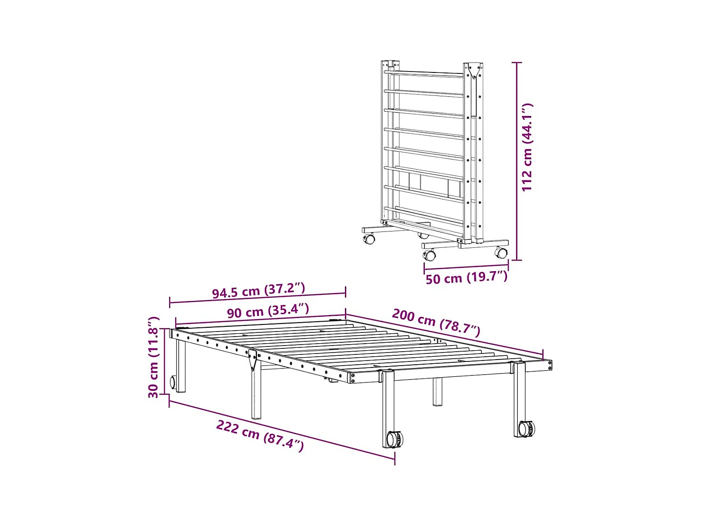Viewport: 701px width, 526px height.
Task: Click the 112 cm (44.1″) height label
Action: point(527,147)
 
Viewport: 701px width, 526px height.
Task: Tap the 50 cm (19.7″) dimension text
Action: point(466,278)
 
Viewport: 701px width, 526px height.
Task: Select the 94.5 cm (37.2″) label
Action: point(258,290)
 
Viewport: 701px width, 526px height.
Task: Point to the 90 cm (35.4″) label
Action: point(268,311)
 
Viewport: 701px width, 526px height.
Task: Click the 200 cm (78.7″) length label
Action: point(436,322)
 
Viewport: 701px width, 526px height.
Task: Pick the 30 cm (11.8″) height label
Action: point(154,357)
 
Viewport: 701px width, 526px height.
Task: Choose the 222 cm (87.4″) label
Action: point(260,435)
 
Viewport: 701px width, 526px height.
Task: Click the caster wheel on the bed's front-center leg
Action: point(394,439)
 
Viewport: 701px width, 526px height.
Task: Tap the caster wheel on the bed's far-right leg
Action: point(527,428)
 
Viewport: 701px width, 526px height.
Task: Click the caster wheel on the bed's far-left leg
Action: point(173,382)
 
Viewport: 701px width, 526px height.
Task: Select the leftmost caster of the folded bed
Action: point(369,239)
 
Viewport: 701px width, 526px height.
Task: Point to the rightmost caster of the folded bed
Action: point(501,253)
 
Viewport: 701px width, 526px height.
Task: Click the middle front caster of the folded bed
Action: point(429,255)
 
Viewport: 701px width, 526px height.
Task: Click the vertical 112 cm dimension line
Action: point(517,161)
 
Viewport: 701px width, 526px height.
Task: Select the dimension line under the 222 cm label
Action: point(282,431)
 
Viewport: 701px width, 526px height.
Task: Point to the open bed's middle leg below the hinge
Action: point(256,393)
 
